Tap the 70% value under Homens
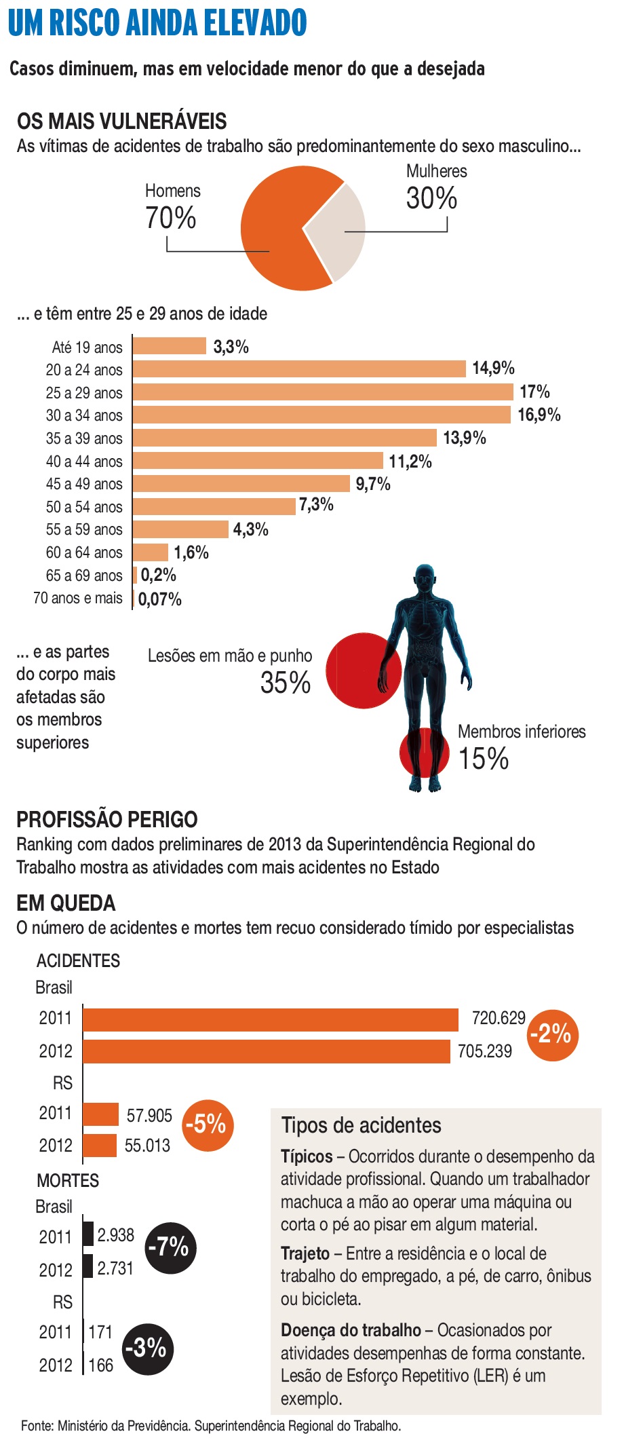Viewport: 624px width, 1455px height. pos(170,219)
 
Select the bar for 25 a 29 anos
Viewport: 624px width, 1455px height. pos(323,392)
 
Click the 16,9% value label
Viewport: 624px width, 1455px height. pos(539,415)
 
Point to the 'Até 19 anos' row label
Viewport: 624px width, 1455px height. pos(87,347)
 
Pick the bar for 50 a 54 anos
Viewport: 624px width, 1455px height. pos(214,506)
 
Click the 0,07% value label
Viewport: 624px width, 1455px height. pos(160,599)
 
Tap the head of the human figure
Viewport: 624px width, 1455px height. pos(425,579)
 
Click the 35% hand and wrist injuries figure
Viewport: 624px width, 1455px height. pos(286,683)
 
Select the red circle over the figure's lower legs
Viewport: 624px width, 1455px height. pos(423,753)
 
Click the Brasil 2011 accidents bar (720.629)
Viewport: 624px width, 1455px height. pos(271,1019)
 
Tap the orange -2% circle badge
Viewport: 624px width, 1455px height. pos(553,1035)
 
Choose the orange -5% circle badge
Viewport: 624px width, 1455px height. pos(208,1125)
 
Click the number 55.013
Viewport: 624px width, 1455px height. pos(147,1146)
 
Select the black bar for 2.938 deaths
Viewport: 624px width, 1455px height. pos(88,1234)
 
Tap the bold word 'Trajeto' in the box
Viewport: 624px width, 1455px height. pos(305,1253)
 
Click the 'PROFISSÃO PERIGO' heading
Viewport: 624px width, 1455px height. pos(107,819)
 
